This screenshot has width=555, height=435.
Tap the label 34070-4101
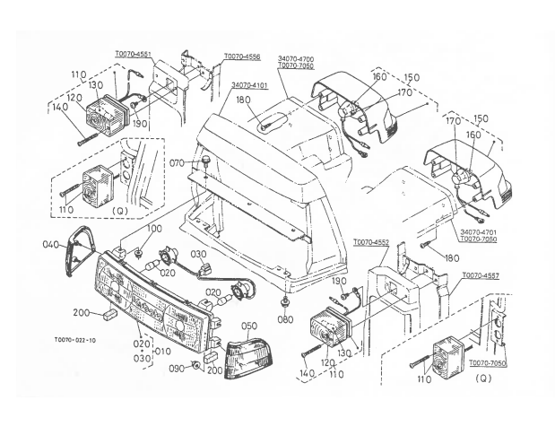[250, 86]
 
